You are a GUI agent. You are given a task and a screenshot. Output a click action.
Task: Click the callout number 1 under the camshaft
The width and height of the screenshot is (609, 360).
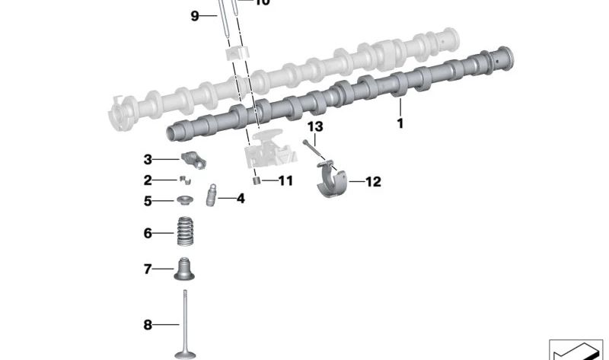coord(400,122)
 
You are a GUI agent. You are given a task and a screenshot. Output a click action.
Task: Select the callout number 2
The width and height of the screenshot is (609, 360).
coord(148,180)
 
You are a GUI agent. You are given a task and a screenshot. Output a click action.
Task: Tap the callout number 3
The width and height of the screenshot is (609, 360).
coord(148,160)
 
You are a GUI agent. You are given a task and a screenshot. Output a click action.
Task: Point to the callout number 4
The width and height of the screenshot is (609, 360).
coord(241,199)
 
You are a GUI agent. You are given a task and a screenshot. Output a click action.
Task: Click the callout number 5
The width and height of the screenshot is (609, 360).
coord(148,202)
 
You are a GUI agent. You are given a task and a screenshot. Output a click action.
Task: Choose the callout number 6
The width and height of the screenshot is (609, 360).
coord(148,233)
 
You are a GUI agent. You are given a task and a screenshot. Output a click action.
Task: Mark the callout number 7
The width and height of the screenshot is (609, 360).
coord(148,269)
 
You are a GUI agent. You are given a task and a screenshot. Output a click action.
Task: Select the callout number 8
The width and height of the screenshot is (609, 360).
coord(148,326)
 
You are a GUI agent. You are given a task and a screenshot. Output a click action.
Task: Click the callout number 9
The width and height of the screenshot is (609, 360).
coord(195,15)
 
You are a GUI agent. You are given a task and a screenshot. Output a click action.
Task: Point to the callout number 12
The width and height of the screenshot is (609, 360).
coord(373,182)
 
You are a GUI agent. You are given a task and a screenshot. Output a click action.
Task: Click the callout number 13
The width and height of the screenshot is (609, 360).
coord(315,126)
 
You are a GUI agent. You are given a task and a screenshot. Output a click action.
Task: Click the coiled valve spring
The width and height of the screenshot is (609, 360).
coord(184,232)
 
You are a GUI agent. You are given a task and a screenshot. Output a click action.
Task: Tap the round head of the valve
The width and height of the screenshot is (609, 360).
coord(185,354)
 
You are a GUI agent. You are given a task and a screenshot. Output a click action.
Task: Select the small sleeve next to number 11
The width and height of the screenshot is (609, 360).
coord(257,181)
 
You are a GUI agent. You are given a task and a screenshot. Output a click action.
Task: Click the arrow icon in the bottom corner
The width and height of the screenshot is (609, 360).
coord(575,349)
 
